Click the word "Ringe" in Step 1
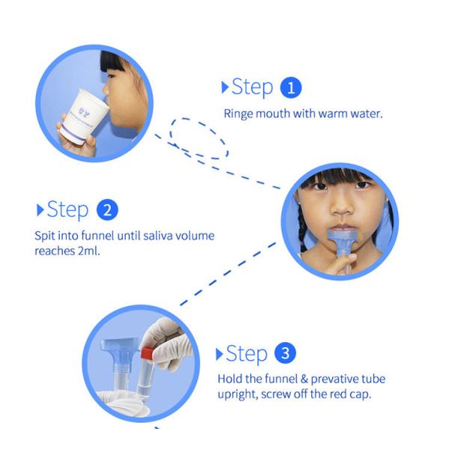pos(239,114)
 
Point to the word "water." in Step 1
pos(367,114)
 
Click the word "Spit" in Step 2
pos(46,236)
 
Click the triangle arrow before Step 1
pos(224,88)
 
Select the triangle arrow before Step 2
pos(40,209)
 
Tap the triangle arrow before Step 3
pos(219,353)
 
